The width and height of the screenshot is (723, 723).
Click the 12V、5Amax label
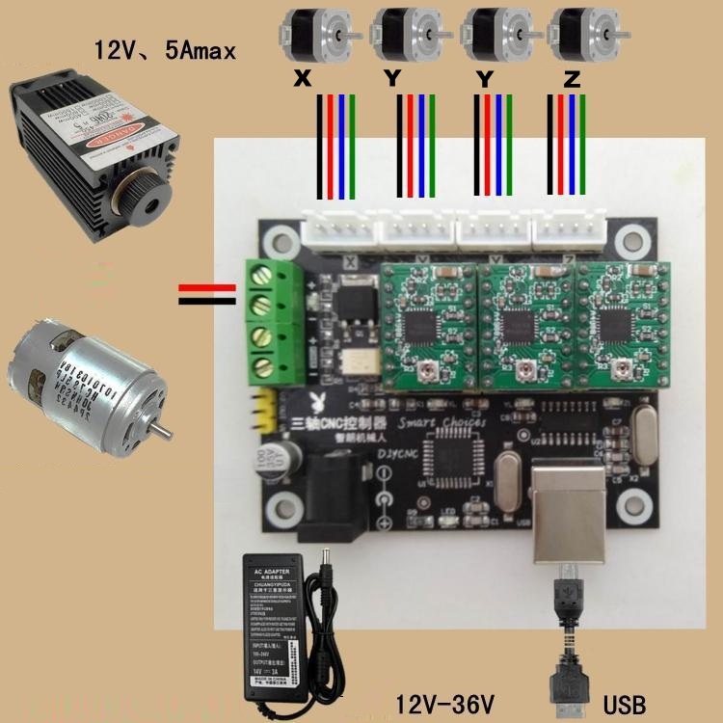coord(164,49)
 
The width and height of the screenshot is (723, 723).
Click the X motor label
coord(302,81)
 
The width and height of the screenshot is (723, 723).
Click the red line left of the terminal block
coord(207,287)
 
